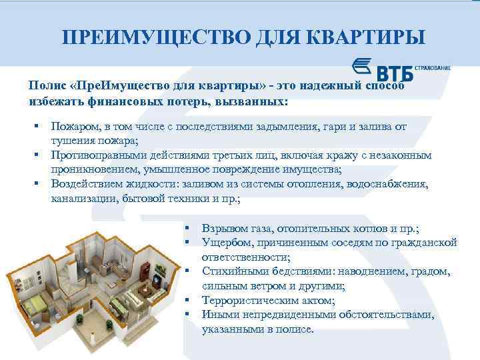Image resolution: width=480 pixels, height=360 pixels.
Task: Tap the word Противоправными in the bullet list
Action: point(96,155)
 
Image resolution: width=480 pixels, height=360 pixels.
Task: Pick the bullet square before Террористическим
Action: point(189,301)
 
